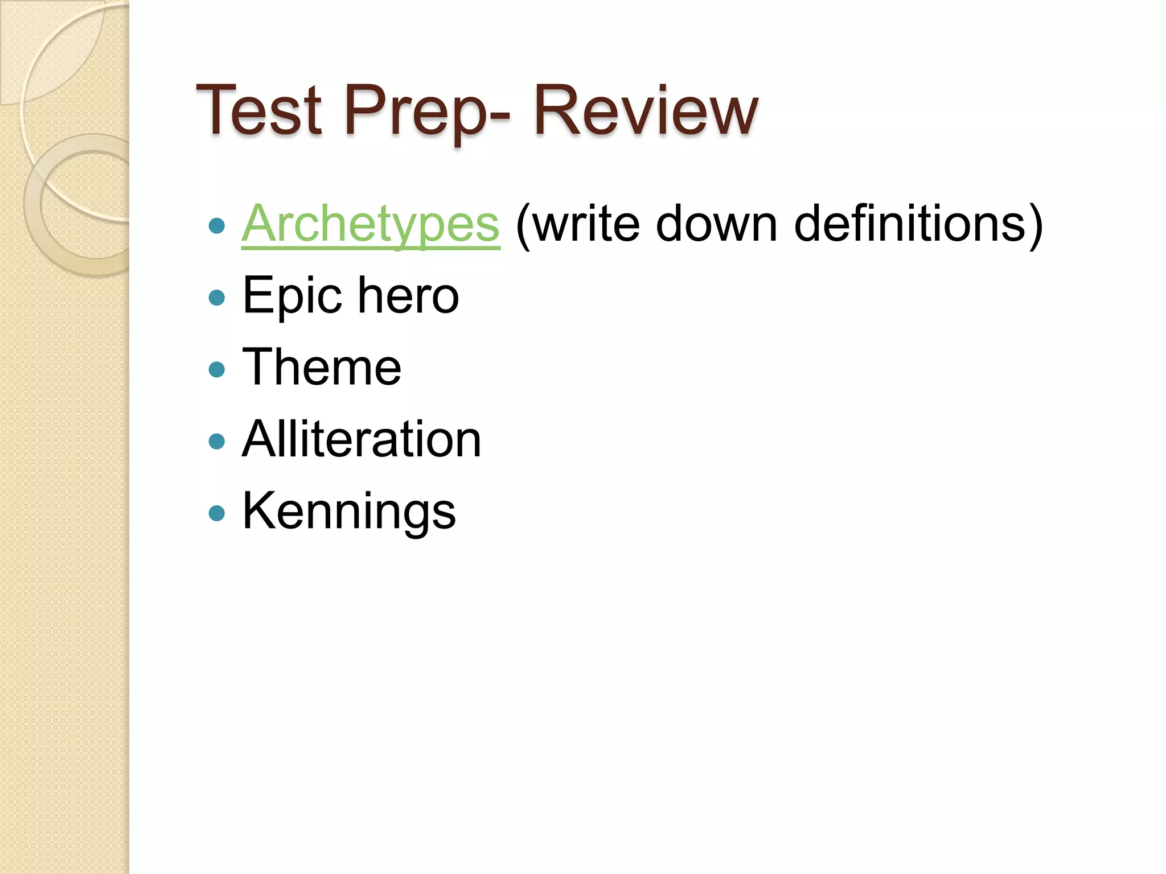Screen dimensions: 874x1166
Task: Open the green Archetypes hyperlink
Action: pos(371,225)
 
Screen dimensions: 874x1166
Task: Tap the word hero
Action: pos(408,296)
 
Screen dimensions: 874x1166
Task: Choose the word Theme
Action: pos(322,368)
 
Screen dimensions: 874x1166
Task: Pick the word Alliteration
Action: pos(362,439)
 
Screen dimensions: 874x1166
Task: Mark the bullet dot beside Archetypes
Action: pos(217,226)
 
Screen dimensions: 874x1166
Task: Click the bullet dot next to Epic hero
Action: pos(217,298)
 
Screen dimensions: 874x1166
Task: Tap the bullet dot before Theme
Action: pos(217,370)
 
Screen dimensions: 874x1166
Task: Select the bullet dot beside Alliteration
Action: pos(217,442)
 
